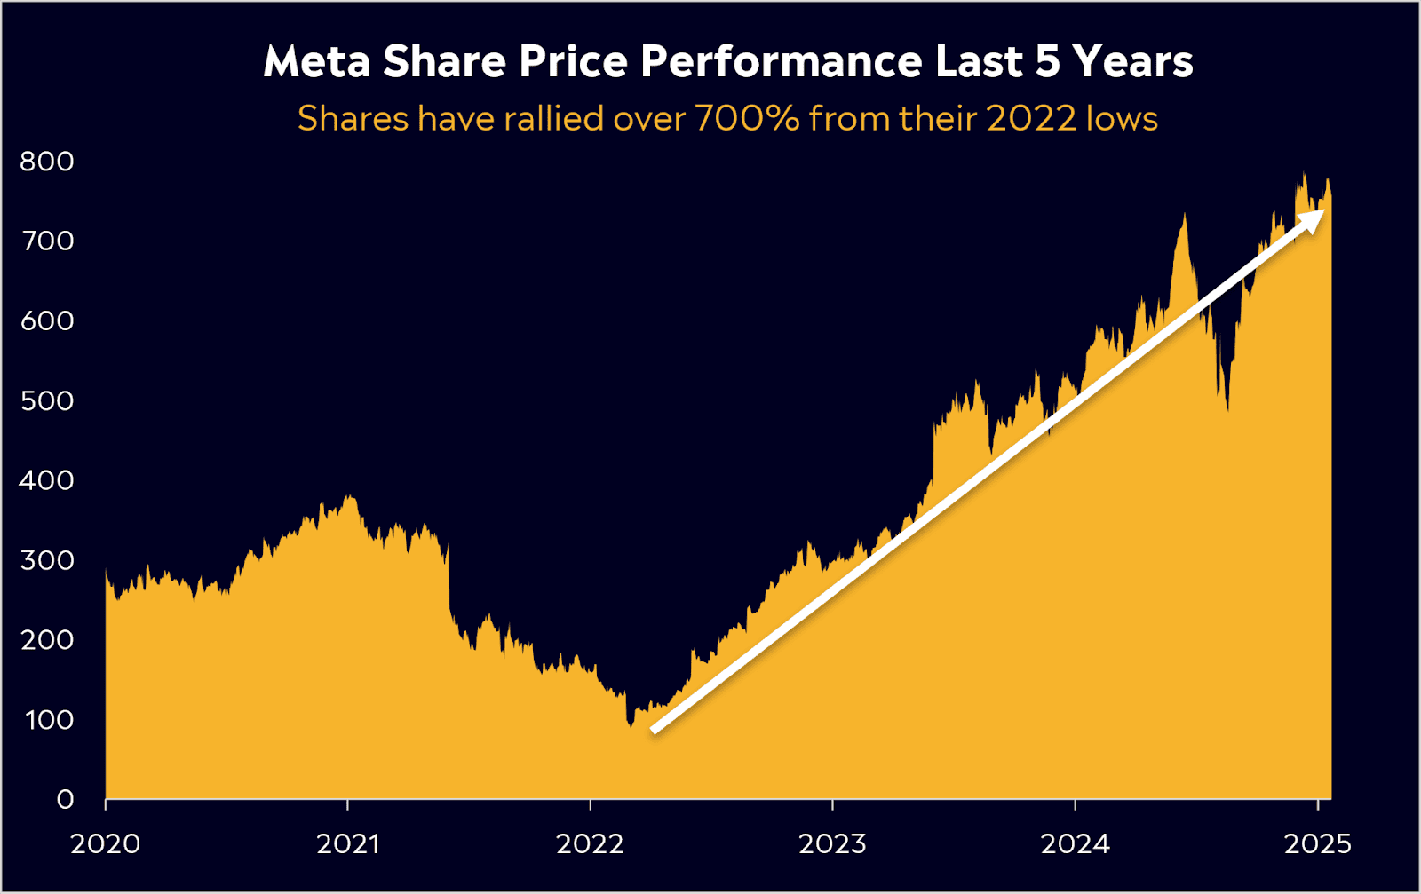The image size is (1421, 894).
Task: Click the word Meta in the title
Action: [x=316, y=61]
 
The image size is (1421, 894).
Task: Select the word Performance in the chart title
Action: [x=782, y=61]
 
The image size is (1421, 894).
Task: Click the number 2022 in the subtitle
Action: [x=1031, y=118]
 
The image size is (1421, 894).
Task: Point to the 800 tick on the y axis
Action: [x=47, y=162]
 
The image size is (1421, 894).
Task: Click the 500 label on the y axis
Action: [x=47, y=400]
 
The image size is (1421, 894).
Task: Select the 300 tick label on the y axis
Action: [x=47, y=560]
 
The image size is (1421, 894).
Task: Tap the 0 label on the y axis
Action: [x=65, y=799]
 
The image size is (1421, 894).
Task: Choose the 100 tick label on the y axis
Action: [x=50, y=719]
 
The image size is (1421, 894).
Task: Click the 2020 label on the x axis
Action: [x=105, y=843]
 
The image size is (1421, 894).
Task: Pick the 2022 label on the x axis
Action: [x=591, y=843]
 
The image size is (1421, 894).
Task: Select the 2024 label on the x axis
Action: [x=1076, y=843]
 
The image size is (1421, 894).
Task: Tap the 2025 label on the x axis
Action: [x=1318, y=843]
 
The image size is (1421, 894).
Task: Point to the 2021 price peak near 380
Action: [x=349, y=497]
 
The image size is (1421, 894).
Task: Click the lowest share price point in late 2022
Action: [x=631, y=726]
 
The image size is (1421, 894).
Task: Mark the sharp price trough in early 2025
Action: [x=1227, y=410]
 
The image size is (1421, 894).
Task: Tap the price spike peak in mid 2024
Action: [x=1184, y=215]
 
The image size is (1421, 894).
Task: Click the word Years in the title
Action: [x=1132, y=61]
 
